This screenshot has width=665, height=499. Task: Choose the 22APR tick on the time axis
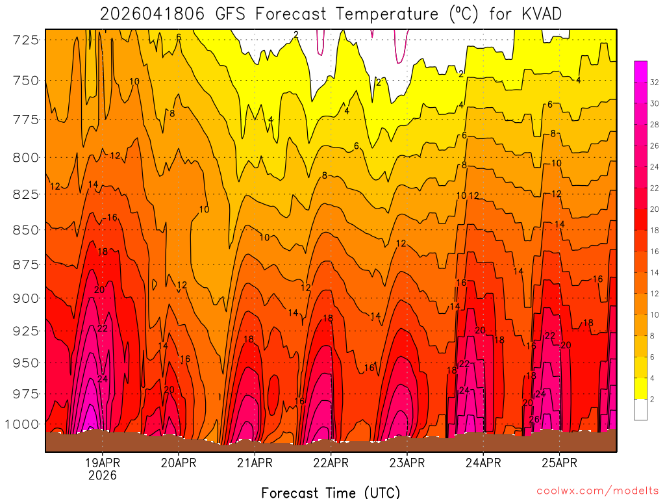(331, 463)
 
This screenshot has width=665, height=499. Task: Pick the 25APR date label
(559, 463)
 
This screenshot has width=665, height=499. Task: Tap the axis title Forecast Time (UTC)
(331, 492)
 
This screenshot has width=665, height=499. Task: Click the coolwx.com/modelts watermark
(597, 491)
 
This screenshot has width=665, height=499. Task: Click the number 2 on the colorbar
(652, 399)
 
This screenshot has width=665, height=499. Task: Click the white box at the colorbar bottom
(640, 409)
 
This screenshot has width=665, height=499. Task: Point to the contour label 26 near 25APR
(534, 419)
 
